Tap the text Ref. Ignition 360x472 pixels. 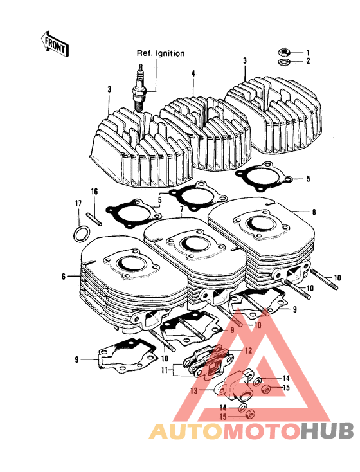[x=160, y=53]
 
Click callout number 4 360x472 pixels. [x=192, y=74]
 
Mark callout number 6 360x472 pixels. [x=64, y=277]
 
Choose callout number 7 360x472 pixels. [x=182, y=210]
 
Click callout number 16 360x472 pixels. [x=94, y=192]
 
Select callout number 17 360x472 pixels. [x=78, y=204]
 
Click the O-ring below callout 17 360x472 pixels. [x=78, y=233]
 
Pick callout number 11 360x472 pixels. [x=164, y=370]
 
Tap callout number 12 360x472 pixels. [x=248, y=350]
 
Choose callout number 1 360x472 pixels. [x=308, y=51]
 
